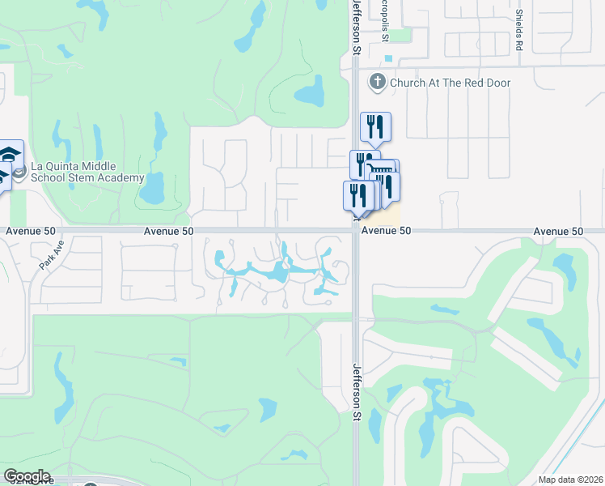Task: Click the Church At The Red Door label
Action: pyautogui.click(x=450, y=83)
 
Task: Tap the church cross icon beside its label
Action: pyautogui.click(x=377, y=82)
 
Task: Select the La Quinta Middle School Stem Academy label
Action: pyautogui.click(x=87, y=173)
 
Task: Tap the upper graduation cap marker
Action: pyautogui.click(x=11, y=154)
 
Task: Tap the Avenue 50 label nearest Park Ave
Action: pyautogui.click(x=31, y=231)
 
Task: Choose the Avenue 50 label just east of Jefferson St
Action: pyautogui.click(x=387, y=231)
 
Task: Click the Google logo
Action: pyautogui.click(x=27, y=476)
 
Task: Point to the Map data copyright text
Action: pyautogui.click(x=570, y=480)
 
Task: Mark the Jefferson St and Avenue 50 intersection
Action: pyautogui.click(x=356, y=231)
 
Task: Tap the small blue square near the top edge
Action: pyautogui.click(x=390, y=58)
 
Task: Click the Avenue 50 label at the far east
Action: pyautogui.click(x=558, y=232)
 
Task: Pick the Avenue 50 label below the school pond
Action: pyautogui.click(x=168, y=231)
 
